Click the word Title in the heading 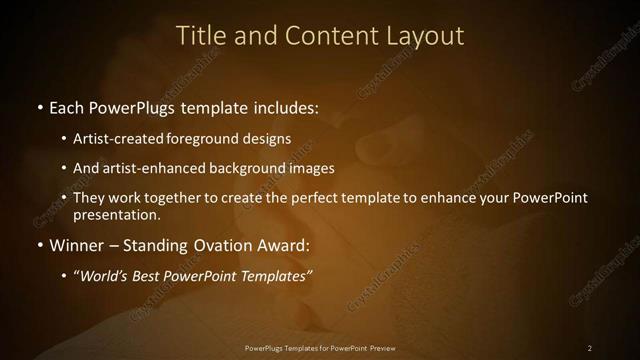[x=198, y=35]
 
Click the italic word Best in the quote [x=150, y=275]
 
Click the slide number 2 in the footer [x=590, y=348]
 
